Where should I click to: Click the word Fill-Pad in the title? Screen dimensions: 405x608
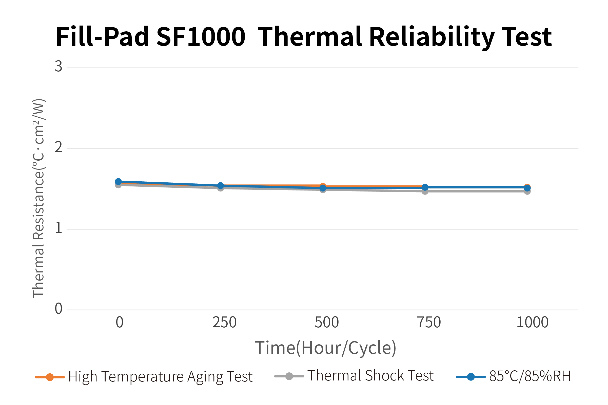tap(102, 37)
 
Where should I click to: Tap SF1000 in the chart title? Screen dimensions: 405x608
tap(201, 37)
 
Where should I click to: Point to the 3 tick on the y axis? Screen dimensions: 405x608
tap(58, 66)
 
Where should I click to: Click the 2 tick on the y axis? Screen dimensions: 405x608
tap(58, 147)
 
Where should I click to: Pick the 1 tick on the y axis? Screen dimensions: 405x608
tap(58, 228)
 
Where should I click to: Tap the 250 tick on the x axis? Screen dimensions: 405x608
tap(224, 322)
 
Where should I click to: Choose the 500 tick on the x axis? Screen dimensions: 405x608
tap(326, 322)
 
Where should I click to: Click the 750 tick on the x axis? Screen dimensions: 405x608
tap(429, 322)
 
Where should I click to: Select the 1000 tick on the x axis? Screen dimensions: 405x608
tap(532, 322)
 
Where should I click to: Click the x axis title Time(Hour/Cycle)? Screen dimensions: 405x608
tap(326, 348)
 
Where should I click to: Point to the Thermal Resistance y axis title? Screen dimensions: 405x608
tap(39, 198)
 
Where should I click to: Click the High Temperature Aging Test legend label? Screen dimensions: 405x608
tap(160, 377)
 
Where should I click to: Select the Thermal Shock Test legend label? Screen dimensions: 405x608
tap(370, 376)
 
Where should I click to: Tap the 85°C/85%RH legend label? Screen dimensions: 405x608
tap(530, 376)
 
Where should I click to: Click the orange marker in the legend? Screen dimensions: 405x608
tap(50, 377)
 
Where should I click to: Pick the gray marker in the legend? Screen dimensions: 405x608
tap(289, 376)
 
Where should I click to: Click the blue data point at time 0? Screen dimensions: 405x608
tap(118, 182)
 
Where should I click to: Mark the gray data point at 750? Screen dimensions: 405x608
tap(425, 191)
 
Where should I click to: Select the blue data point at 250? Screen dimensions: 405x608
tap(221, 186)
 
